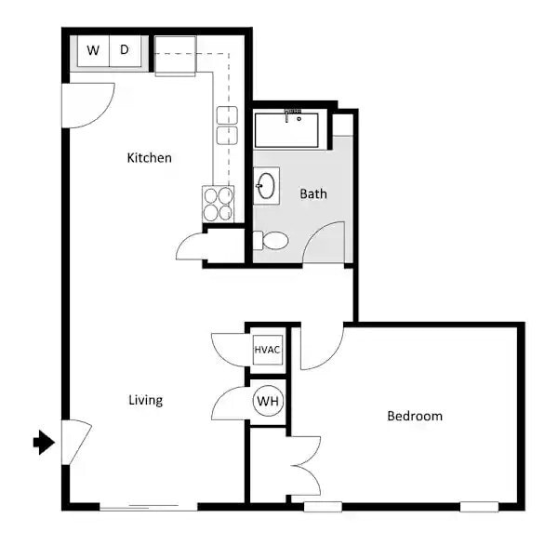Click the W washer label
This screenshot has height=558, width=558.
coord(93,50)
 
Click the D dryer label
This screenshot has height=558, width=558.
coord(124,50)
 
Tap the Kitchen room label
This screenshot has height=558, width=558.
coord(149,158)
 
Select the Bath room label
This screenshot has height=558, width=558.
coord(313,194)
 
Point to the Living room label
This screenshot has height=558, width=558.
coord(145,400)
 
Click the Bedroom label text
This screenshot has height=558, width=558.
coord(415,416)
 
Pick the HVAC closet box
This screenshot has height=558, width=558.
coord(267,351)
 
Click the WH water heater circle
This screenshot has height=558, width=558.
coord(268,402)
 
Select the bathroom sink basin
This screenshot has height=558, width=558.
coord(267,186)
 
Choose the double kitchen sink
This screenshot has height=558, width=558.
coord(226,126)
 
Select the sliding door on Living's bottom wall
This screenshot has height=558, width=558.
coord(149,506)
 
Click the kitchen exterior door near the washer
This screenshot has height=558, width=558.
coord(88,105)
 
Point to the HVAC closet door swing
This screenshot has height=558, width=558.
coord(228,351)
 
